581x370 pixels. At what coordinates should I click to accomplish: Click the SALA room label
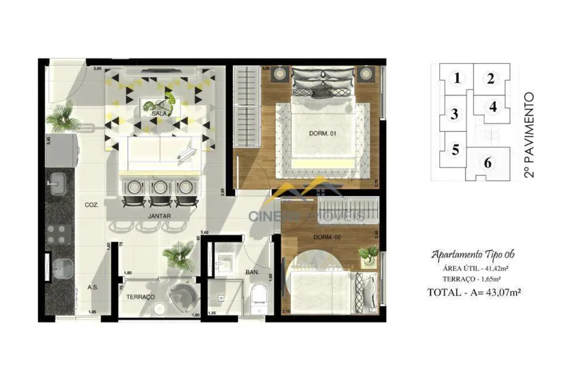158,114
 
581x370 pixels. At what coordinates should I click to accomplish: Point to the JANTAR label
159,216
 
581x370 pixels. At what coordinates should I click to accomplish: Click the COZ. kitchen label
92,205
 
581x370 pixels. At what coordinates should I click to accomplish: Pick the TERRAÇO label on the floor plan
140,297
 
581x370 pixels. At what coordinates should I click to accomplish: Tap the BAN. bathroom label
253,273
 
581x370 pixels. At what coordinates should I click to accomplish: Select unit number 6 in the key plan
488,163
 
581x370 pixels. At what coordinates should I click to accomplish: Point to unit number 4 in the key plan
493,106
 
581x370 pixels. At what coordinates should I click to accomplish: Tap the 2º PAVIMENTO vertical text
529,135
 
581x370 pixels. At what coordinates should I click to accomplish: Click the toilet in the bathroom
258,299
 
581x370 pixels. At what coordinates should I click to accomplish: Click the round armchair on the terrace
184,295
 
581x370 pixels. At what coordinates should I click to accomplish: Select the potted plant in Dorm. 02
369,253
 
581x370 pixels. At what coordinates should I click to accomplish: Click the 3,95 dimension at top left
97,68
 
